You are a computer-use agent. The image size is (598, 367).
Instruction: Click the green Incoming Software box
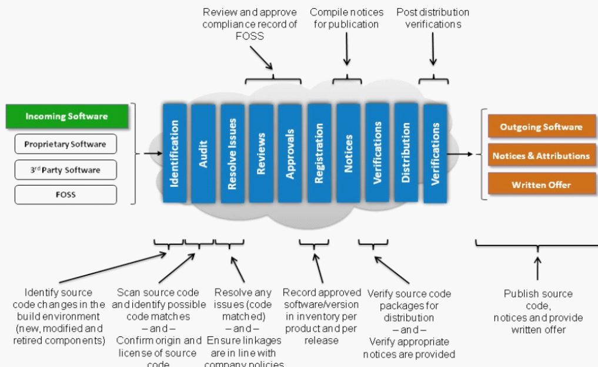click(66, 116)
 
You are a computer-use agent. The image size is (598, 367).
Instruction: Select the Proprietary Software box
click(66, 144)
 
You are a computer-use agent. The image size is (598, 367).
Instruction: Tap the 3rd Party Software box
click(66, 170)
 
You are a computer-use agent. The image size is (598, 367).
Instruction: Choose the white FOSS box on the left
click(66, 195)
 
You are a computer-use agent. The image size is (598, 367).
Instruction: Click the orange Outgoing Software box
click(541, 127)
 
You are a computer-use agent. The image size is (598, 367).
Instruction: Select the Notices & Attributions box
click(541, 156)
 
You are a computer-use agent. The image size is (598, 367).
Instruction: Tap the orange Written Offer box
click(541, 184)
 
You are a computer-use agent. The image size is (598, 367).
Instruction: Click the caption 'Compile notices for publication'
click(346, 18)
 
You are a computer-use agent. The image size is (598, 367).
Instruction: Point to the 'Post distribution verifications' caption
click(433, 18)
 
